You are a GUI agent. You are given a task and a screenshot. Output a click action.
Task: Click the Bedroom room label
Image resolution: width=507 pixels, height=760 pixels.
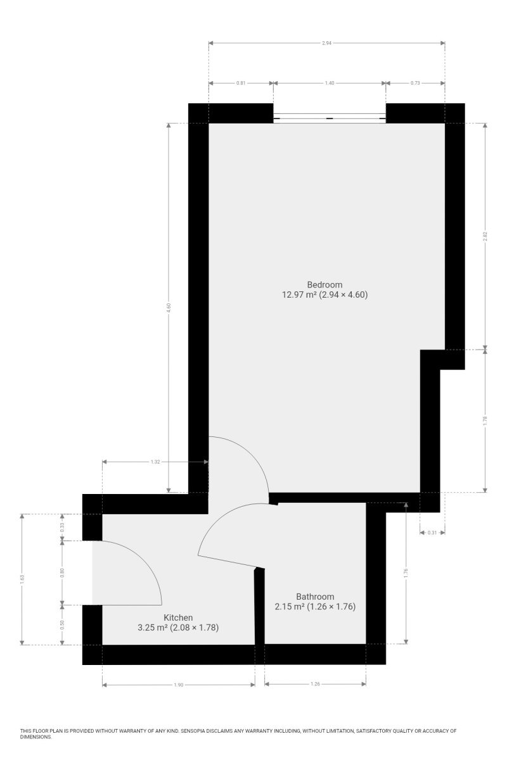pos(324,284)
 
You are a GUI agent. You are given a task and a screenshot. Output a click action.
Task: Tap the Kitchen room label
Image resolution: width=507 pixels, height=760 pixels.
pos(178,617)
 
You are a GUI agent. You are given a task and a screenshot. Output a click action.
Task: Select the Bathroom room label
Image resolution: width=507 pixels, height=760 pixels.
pos(315,597)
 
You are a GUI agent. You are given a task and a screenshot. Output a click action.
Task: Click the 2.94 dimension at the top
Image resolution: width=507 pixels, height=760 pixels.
pos(326,43)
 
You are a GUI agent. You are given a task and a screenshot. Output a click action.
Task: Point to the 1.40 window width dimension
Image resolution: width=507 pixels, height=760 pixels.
pos(330,83)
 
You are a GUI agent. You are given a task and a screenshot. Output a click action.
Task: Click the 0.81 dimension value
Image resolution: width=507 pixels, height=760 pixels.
pos(241,83)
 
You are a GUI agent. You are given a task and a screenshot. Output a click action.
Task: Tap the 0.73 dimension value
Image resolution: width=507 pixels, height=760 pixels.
pos(415,83)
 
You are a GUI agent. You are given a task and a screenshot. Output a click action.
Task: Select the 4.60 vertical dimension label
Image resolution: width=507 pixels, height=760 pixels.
pos(169,308)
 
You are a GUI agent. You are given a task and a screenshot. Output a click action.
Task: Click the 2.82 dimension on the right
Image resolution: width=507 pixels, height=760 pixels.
pos(485,236)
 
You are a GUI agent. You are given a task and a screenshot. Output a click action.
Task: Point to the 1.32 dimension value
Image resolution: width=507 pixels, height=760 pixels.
pos(155,462)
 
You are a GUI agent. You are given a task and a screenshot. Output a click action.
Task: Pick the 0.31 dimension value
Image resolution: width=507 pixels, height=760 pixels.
pos(432,533)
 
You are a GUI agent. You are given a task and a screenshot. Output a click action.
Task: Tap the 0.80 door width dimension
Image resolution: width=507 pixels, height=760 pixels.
pos(62,573)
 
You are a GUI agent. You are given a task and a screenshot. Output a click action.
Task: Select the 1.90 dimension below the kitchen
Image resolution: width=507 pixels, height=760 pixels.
pos(178,685)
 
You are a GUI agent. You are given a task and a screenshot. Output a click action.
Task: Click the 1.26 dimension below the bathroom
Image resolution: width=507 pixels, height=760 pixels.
pos(315,684)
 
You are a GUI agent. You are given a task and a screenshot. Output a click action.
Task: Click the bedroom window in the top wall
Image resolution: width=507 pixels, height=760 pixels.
pos(330,118)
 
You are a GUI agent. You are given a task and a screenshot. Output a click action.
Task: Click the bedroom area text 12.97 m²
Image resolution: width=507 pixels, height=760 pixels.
pos(299,294)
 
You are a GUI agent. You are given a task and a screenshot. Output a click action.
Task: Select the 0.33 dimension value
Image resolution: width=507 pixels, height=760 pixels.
pos(62,527)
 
